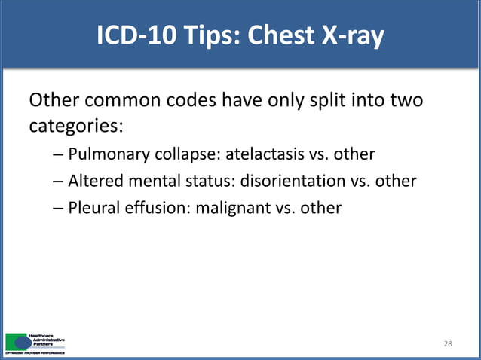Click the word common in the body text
click(x=115, y=100)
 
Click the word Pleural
click(x=93, y=206)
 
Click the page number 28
click(x=448, y=344)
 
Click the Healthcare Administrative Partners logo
click(x=34, y=342)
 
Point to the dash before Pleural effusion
click(x=59, y=207)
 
